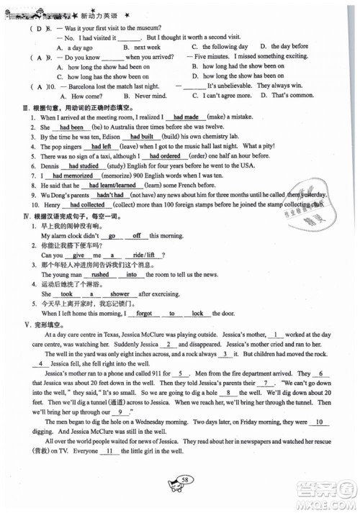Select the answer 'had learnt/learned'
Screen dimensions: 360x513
click(112, 184)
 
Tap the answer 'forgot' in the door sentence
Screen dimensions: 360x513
click(144, 313)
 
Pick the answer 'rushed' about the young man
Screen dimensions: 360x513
click(100, 274)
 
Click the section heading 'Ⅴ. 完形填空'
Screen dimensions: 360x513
click(42, 324)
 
